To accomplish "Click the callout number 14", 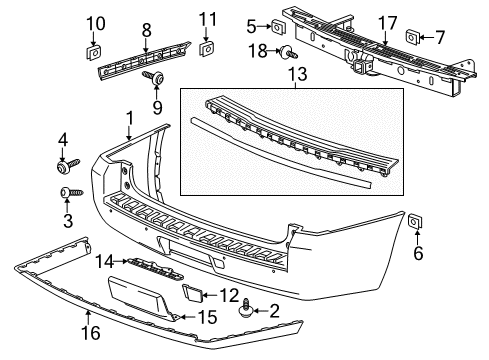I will pos(103,263).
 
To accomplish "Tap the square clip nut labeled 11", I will pos(208,47).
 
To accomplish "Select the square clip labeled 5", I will pos(278,27).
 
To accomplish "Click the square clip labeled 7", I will pos(412,37).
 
